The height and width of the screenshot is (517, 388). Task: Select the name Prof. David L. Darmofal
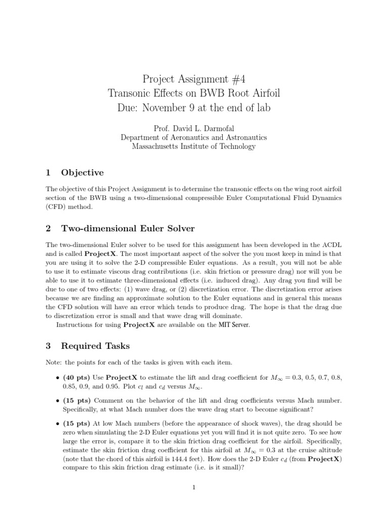193,127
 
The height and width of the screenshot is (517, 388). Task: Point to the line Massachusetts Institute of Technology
193,146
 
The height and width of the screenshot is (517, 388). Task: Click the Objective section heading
82,173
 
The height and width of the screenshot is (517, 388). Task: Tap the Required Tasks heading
95,346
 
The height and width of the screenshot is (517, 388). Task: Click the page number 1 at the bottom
193,487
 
